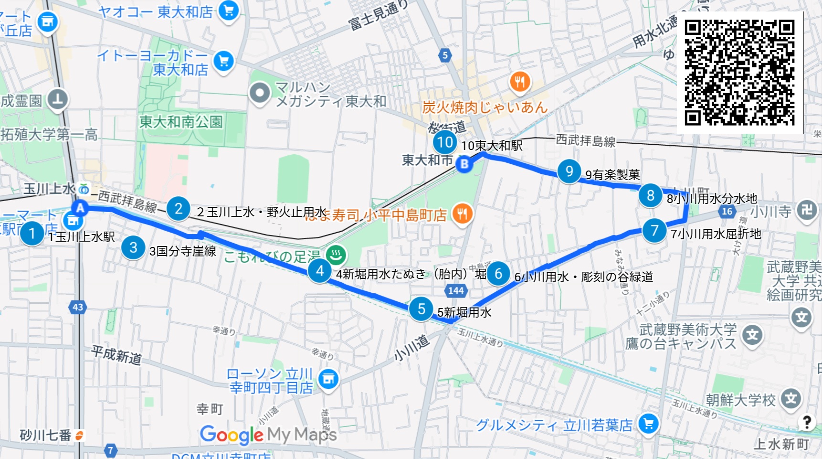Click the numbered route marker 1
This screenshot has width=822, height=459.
pos(32,234)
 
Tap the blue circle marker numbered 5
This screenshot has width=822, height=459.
pos(421,309)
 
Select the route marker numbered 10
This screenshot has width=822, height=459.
pos(445,142)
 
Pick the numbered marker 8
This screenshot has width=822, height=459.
pos(650,195)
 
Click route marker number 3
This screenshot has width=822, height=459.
pos(133,247)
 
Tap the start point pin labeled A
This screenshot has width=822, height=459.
pos(80,208)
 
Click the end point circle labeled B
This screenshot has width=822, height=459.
pos(464,164)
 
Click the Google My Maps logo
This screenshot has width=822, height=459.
pos(268,435)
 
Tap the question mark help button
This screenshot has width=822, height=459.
pos(806,422)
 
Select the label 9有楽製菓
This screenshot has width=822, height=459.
pos(612,175)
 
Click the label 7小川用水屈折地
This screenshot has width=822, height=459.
pos(716,234)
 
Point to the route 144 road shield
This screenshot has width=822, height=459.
pos(456,290)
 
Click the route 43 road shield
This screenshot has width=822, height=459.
pos(78,307)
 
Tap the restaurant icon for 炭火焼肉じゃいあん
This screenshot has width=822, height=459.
pos(520,82)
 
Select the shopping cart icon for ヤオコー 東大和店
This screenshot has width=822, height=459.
pos(228,11)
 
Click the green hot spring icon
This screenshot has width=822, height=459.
pos(336,254)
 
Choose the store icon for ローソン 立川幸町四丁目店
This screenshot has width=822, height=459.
pos(328,379)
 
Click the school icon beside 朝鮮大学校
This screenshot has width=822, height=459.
pos(791,398)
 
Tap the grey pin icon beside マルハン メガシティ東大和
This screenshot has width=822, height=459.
pos(260,93)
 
